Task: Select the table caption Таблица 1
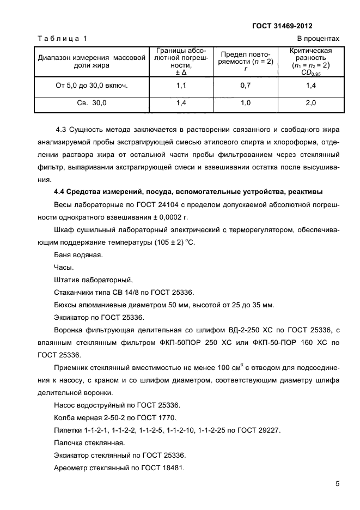62,39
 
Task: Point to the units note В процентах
318,39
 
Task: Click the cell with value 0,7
246,86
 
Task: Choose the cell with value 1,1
181,86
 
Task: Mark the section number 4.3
63,129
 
